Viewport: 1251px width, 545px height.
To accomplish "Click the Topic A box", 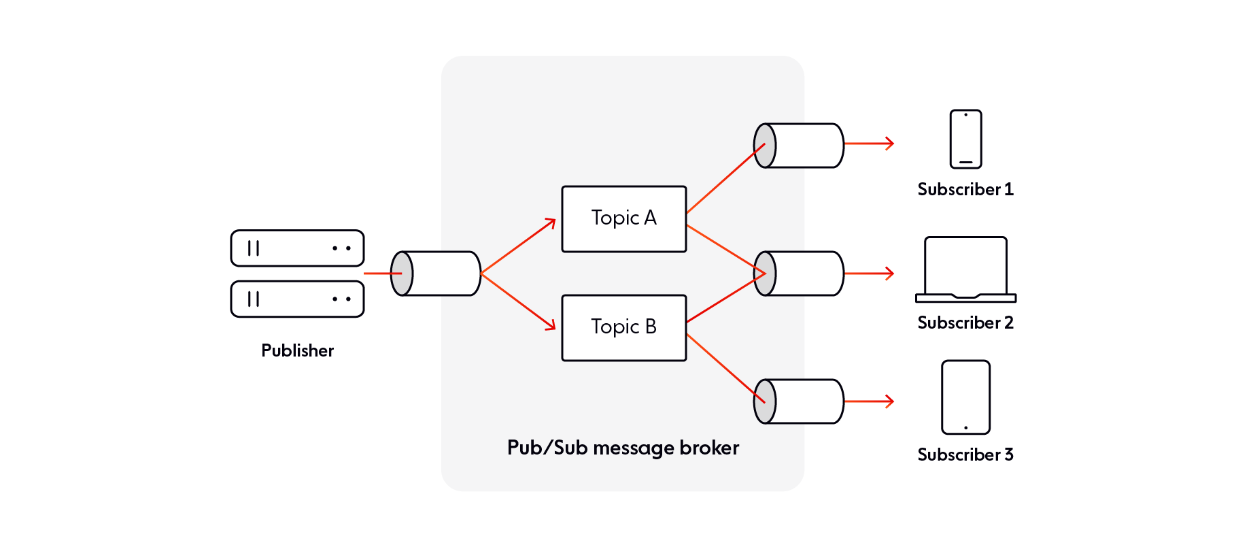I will (623, 218).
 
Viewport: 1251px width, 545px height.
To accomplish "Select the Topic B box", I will (623, 327).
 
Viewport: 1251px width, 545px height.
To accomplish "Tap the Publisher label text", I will (297, 350).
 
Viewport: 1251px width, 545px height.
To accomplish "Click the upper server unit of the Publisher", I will (297, 248).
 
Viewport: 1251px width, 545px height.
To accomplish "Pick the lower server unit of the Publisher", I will (297, 299).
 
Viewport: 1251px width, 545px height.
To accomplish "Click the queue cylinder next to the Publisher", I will (436, 274).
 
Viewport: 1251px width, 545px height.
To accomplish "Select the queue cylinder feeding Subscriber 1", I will (799, 146).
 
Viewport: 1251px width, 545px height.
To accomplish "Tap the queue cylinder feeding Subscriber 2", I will (799, 274).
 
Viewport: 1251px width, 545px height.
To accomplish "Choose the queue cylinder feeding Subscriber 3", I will (799, 401).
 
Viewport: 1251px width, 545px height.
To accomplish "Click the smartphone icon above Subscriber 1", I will (965, 139).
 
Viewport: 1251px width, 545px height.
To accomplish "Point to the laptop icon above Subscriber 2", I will (965, 269).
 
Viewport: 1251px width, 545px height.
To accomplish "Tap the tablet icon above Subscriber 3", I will (965, 397).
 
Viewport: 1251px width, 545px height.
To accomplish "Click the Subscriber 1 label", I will (965, 189).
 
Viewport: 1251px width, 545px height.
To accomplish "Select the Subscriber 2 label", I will (965, 323).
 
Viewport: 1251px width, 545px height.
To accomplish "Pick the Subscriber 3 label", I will (965, 455).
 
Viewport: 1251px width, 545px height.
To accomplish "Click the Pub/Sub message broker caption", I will (623, 448).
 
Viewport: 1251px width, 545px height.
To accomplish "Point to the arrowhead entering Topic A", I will (551, 222).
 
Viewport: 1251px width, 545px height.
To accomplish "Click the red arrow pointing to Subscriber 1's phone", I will (870, 144).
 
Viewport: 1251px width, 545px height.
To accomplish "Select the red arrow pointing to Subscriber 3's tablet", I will (870, 401).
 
